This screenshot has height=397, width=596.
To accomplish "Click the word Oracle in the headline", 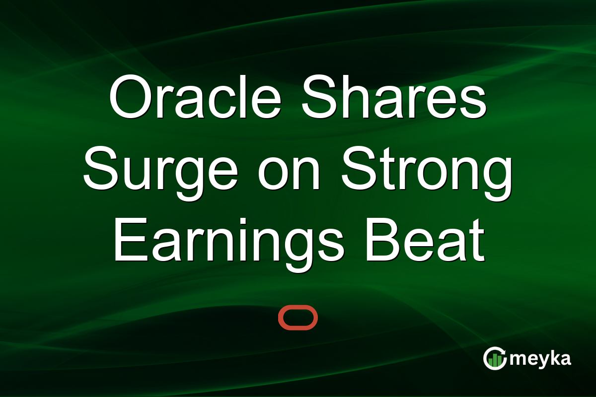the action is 195,96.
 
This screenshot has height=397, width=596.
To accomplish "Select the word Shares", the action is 394,96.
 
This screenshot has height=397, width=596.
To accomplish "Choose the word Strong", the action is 427,173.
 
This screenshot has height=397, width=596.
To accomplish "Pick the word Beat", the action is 425,239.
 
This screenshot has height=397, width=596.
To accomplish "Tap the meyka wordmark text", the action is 540,359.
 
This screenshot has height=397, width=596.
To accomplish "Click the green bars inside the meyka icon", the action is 495,360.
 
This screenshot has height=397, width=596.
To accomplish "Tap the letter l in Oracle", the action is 242,96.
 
